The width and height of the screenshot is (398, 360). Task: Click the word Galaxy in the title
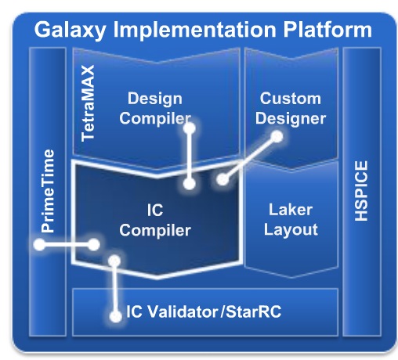click(70, 31)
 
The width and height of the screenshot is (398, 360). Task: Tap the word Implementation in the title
click(194, 30)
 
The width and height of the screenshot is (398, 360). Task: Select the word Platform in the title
click(327, 30)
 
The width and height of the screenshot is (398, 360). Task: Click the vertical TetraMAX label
click(88, 103)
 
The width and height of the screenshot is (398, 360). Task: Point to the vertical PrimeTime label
click(48, 191)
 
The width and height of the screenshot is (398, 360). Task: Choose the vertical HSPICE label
click(361, 191)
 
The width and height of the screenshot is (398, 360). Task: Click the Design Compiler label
click(155, 109)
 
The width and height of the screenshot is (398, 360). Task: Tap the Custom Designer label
click(291, 109)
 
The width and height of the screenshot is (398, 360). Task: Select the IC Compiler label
click(155, 221)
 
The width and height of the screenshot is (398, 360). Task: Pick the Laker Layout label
click(291, 220)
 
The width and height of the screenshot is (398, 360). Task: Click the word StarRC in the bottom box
click(253, 311)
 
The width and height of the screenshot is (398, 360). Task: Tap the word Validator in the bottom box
click(181, 311)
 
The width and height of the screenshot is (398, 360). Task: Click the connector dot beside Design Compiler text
click(190, 128)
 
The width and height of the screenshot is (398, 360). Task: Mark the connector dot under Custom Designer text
click(277, 137)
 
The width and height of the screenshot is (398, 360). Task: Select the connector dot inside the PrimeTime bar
click(39, 245)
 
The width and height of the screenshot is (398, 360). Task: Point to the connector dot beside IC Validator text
click(115, 317)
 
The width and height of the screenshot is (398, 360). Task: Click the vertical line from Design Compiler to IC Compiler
click(190, 156)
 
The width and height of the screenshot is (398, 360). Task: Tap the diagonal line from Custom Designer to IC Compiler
click(250, 158)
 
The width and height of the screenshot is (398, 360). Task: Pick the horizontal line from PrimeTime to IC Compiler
click(67, 245)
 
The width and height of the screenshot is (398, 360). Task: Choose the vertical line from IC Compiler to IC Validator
click(114, 289)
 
